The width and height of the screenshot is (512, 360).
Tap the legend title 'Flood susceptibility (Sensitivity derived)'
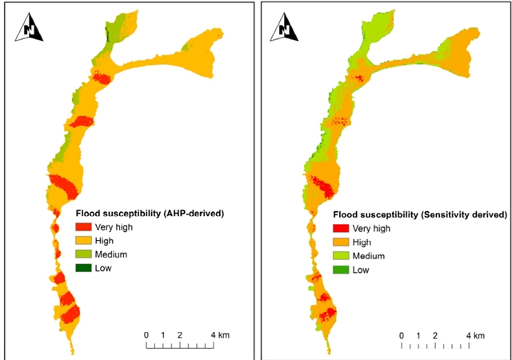pyautogui.click(x=420, y=214)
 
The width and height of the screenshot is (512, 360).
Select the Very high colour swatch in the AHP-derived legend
pyautogui.click(x=84, y=227)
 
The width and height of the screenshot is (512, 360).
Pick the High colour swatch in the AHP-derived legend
pyautogui.click(x=84, y=241)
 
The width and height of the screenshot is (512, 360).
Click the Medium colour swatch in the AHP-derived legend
pyautogui.click(x=84, y=254)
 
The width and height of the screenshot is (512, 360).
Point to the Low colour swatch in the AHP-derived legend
pyautogui.click(x=84, y=268)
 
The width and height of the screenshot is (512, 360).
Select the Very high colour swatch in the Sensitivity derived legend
pyautogui.click(x=340, y=228)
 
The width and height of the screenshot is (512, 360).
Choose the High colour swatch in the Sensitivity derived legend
pyautogui.click(x=340, y=242)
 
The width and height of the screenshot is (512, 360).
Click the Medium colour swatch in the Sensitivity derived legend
pyautogui.click(x=340, y=256)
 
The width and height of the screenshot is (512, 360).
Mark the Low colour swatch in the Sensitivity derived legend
pyautogui.click(x=340, y=270)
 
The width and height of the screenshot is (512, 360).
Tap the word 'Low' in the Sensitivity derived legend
pyautogui.click(x=360, y=270)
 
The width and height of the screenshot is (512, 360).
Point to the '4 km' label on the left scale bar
pyautogui.click(x=220, y=334)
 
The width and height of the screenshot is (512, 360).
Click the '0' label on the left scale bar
pyautogui.click(x=146, y=334)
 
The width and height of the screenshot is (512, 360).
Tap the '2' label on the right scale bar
pyautogui.click(x=434, y=334)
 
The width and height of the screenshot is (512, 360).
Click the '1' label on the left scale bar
pyautogui.click(x=163, y=334)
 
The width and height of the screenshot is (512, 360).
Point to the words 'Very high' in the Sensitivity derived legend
pyautogui.click(x=370, y=228)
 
